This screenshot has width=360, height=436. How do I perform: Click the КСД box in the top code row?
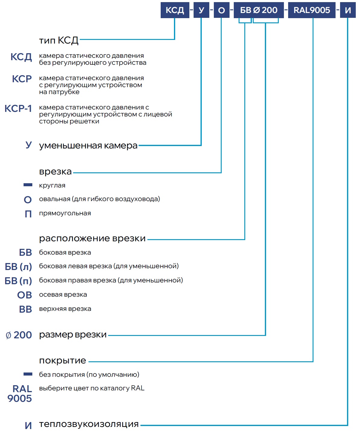tap(175, 10)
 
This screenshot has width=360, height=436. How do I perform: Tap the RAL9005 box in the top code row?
tap(311, 10)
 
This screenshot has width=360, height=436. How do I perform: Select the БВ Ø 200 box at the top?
tap(259, 10)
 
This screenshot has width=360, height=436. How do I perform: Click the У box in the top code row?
tap(201, 10)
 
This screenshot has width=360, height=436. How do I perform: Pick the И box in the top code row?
tap(348, 10)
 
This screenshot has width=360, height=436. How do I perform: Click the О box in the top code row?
tap(221, 10)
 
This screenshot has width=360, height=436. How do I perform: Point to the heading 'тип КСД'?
tap(59, 40)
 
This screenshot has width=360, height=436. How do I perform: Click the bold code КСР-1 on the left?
tap(18, 108)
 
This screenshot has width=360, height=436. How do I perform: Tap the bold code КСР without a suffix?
tap(22, 79)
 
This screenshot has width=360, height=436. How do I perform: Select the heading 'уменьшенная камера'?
tap(88, 145)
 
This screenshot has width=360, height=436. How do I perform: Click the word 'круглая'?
tap(52, 185)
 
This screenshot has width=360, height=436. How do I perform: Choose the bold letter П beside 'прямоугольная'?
tap(28, 214)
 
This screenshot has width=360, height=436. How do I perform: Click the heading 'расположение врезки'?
tap(92, 238)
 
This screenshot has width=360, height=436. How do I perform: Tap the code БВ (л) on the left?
tap(18, 267)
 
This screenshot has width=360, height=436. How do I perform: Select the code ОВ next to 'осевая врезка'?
tap(24, 295)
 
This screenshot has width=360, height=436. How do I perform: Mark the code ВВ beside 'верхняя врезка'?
tap(25, 309)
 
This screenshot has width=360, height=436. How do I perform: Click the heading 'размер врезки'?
tap(73, 334)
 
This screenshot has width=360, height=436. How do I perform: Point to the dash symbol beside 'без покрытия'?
tap(28, 374)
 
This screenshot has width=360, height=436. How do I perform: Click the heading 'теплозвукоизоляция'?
tap(89, 424)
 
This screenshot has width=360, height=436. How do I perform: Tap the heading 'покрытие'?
tap(63, 360)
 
